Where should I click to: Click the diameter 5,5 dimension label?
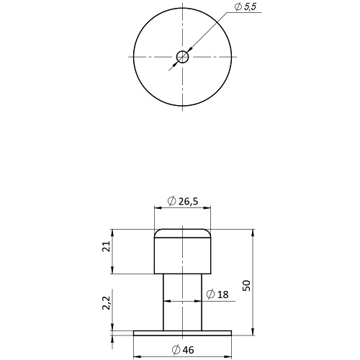point(246,7)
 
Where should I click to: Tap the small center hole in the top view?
point(182,57)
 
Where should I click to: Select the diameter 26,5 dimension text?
point(183,201)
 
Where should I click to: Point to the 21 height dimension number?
point(106,246)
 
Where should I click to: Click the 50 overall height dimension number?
point(246,286)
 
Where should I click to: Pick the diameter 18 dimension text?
point(217,294)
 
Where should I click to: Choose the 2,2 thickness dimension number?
point(107,303)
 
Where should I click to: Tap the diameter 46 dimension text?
point(183,350)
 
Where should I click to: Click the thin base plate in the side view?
point(182,333)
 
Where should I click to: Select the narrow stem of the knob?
point(182,302)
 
